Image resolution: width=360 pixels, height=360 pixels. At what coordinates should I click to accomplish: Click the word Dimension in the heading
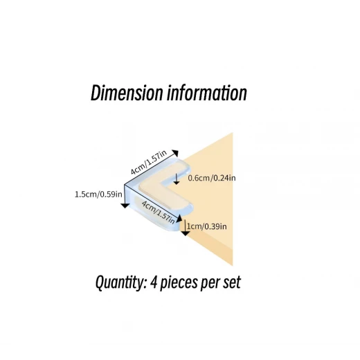127,93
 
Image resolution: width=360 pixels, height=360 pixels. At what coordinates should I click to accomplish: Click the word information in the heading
207,93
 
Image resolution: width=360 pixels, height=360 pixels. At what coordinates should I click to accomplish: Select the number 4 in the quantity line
153,282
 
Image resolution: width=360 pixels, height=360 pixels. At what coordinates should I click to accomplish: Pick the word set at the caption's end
232,282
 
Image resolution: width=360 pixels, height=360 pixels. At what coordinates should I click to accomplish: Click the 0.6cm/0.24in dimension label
212,178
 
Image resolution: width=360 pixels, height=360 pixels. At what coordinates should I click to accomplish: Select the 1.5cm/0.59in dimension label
98,195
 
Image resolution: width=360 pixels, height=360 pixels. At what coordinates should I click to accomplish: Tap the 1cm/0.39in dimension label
207,226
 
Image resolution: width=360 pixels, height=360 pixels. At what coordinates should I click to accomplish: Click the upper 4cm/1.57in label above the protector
149,162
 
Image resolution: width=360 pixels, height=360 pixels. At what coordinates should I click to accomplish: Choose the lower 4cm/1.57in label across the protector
159,213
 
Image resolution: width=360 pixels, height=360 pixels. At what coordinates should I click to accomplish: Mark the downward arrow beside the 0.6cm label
177,179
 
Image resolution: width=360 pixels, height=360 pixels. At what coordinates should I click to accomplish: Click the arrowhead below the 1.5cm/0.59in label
125,206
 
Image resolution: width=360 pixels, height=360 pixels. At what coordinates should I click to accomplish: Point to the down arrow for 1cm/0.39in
185,228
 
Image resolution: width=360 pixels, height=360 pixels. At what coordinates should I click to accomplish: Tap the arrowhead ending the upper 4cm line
175,153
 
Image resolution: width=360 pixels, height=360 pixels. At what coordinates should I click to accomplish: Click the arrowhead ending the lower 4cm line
179,218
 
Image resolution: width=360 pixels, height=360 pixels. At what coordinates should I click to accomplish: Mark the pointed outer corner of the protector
125,185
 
